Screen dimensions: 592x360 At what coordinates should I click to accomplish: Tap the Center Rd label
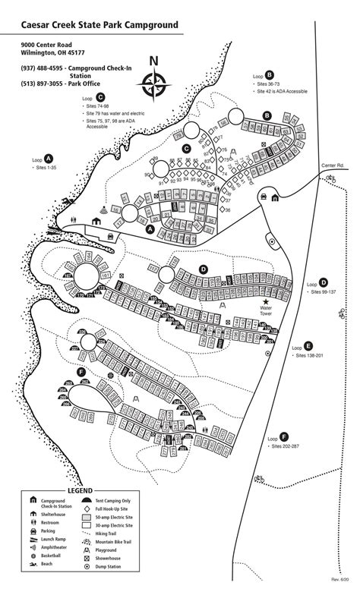[x=332, y=165]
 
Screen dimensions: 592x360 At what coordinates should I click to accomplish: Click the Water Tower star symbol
[x=265, y=302]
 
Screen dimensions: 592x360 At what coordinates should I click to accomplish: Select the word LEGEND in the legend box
[x=80, y=490]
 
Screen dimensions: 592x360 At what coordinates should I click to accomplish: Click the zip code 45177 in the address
[x=76, y=54]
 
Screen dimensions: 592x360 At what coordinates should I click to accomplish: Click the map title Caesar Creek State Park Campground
[x=100, y=25]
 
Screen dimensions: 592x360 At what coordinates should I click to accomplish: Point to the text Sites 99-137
[x=327, y=291]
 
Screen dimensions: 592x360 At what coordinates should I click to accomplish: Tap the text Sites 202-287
[x=286, y=446]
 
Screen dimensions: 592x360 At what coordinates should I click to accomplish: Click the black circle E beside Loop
[x=308, y=344]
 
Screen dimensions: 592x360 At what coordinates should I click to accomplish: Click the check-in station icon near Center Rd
[x=275, y=198]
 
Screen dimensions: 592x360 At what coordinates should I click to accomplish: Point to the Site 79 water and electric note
[x=115, y=113]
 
